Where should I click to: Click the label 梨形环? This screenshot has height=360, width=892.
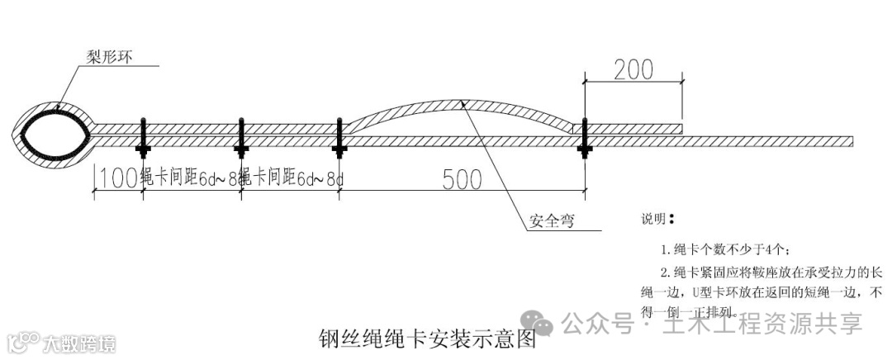pyautogui.click(x=110, y=57)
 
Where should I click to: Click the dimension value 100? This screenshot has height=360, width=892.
pyautogui.click(x=116, y=178)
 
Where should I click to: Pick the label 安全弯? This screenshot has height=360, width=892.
pyautogui.click(x=551, y=221)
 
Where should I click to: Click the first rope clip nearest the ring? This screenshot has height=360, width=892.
pyautogui.click(x=143, y=138)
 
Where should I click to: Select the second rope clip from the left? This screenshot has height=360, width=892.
pyautogui.click(x=241, y=138)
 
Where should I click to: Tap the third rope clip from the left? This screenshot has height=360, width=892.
pyautogui.click(x=338, y=138)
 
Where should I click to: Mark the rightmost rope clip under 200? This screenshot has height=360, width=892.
pyautogui.click(x=584, y=138)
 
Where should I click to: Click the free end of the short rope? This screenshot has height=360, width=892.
pyautogui.click(x=681, y=129)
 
